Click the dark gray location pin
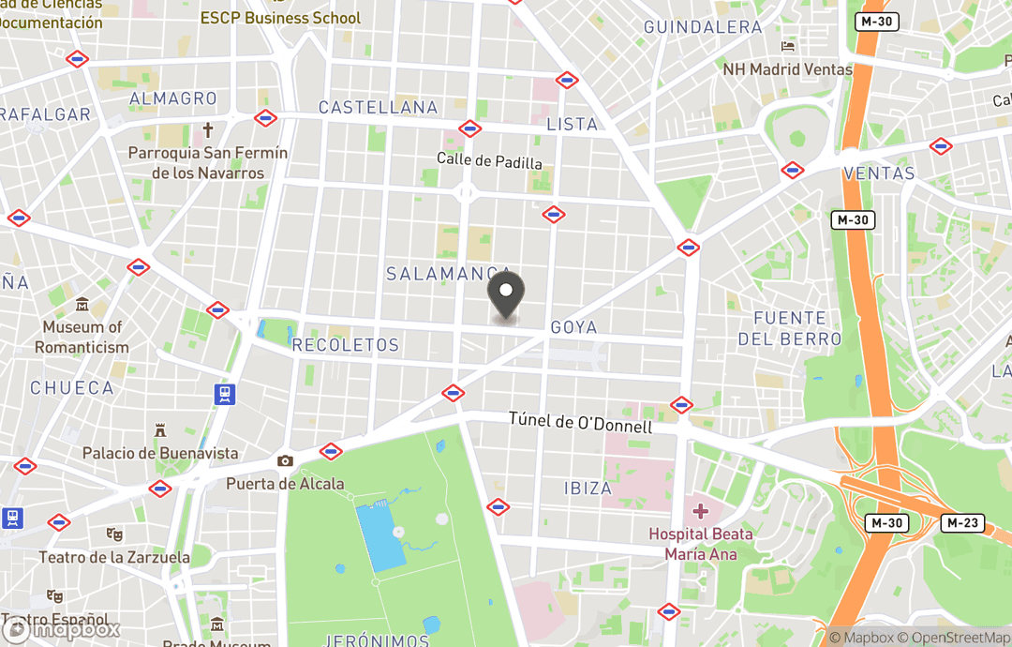(x=506, y=294)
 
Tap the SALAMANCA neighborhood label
(x=449, y=273)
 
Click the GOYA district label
(x=573, y=327)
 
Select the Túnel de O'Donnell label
(x=580, y=424)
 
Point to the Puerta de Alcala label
(x=285, y=484)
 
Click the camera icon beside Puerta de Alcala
(x=285, y=460)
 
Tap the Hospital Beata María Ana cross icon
(x=700, y=511)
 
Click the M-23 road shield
(x=963, y=523)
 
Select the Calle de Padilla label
(x=489, y=161)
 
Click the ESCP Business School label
(x=280, y=18)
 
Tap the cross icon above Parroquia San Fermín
(x=208, y=130)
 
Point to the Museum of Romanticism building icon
(x=82, y=306)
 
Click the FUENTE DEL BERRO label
(x=789, y=328)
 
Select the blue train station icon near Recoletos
(x=224, y=394)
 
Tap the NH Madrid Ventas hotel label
(x=787, y=69)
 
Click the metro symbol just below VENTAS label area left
(x=793, y=170)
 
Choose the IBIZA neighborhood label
(x=588, y=488)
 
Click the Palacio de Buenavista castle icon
(x=160, y=430)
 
